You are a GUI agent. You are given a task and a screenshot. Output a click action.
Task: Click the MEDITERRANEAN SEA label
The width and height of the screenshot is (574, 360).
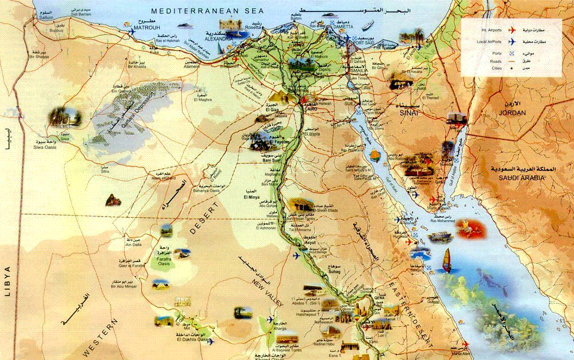click(x=195, y=10)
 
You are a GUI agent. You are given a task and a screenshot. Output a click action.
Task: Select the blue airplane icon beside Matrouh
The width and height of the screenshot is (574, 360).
click(x=132, y=32)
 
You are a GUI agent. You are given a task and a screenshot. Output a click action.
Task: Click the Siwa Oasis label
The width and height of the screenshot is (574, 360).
click(x=45, y=147)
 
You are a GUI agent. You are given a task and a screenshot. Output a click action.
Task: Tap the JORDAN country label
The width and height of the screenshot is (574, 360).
click(x=512, y=113)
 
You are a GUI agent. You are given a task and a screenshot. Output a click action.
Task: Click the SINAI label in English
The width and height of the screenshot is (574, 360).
click(x=409, y=113)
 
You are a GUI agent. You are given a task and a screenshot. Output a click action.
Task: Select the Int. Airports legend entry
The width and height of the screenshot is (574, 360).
click(x=492, y=30)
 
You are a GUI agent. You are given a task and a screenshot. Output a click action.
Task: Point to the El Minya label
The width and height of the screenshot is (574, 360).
click(x=251, y=197)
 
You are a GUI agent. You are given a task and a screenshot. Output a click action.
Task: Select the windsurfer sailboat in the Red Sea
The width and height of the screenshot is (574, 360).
click(x=447, y=261)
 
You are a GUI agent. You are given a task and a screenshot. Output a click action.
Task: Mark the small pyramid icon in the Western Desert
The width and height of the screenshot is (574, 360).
click(x=113, y=200)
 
